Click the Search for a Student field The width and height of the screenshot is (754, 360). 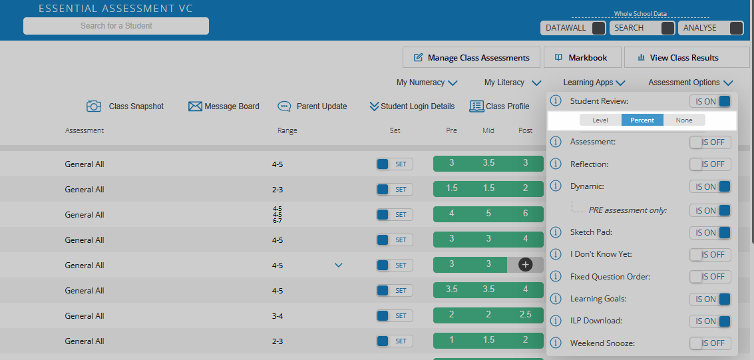(x=116, y=26)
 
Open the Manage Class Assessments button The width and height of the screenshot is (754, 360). (x=471, y=58)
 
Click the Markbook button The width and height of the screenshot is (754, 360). (x=582, y=58)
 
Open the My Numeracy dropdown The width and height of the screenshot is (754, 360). (x=427, y=83)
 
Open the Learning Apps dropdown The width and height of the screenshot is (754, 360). (x=594, y=83)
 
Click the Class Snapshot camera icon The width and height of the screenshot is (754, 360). (x=94, y=106)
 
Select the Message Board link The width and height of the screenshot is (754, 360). (x=224, y=106)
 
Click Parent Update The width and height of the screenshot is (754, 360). (x=313, y=106)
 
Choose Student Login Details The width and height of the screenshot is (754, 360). (x=412, y=106)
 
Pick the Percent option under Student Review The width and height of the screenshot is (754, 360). (x=642, y=120)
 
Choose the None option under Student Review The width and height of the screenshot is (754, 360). (x=683, y=120)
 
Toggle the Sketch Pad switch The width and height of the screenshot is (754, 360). (x=710, y=233)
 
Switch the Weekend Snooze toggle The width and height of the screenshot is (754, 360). (x=710, y=343)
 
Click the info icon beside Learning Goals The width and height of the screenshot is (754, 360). (x=556, y=299)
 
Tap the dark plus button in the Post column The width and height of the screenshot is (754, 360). (x=525, y=265)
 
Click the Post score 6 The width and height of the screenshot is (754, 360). (x=525, y=214)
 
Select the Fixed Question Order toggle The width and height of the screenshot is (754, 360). (x=710, y=277)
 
